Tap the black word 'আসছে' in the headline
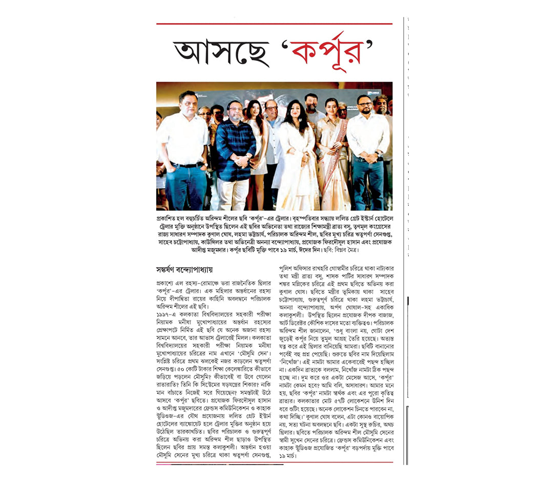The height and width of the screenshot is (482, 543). click(221, 53)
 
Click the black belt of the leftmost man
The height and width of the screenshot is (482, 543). click(187, 165)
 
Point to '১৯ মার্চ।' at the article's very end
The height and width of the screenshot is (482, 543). click(289, 455)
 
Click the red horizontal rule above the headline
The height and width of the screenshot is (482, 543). click(274, 24)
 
